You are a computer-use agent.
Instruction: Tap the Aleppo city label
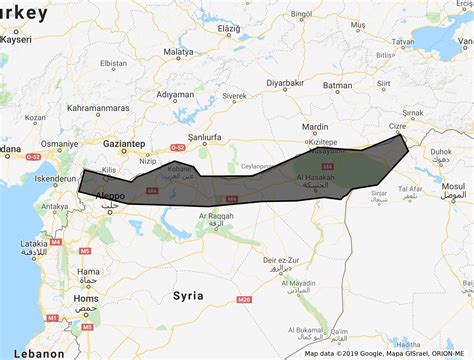pyautogui.click(x=110, y=197)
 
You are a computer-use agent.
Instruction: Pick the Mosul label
pyautogui.click(x=452, y=187)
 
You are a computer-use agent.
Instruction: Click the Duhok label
pyautogui.click(x=439, y=154)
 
